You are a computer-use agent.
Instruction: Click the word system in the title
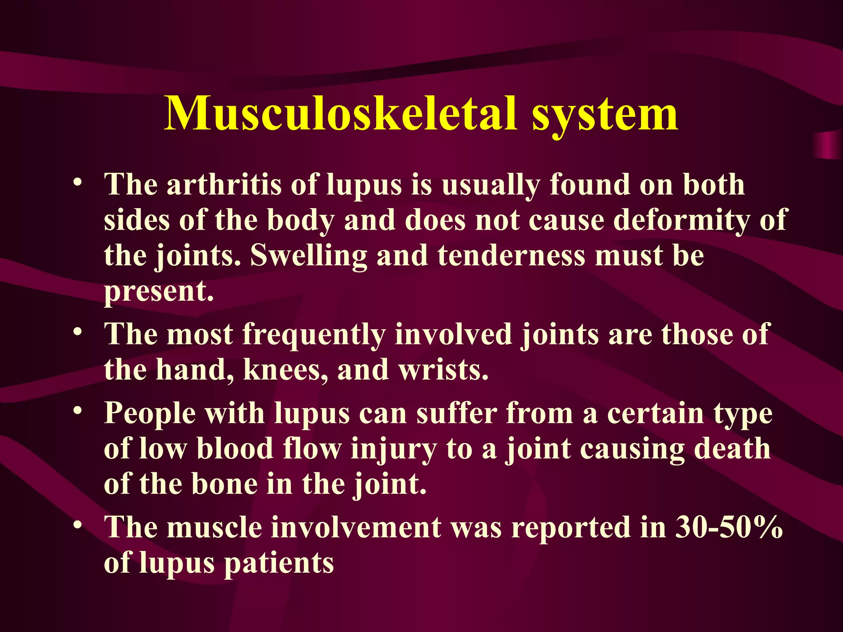pos(605,114)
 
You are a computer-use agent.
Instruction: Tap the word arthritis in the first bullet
pos(224,184)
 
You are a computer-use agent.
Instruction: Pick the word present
pos(159,291)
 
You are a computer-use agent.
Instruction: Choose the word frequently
pos(314,334)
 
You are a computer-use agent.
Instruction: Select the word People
pos(150,413)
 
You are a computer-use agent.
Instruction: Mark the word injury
pos(394,449)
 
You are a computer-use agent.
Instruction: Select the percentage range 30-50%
pos(729,527)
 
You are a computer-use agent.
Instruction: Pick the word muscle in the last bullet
pos(214,527)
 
